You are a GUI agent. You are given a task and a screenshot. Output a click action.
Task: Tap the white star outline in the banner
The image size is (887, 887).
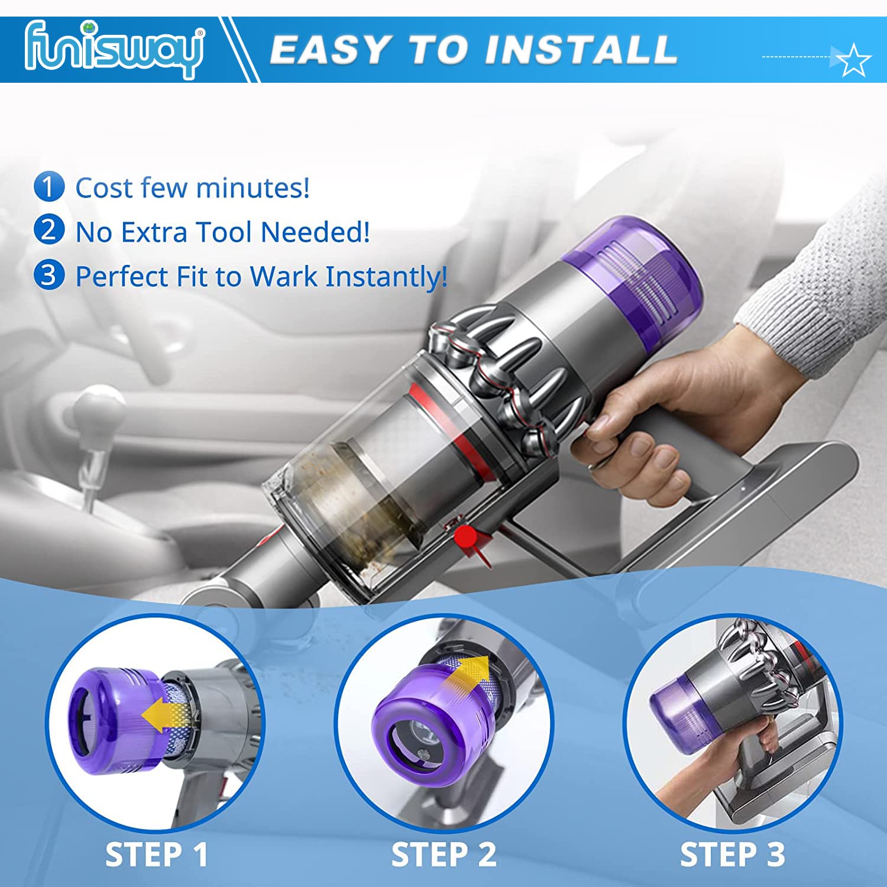pyautogui.click(x=854, y=60)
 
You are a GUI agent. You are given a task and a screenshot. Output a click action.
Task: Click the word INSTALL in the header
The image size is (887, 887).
pyautogui.click(x=580, y=50)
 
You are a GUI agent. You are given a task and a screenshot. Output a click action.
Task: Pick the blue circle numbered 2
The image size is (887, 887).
pyautogui.click(x=48, y=231)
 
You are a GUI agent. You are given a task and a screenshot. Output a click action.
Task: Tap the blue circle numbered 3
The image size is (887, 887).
pyautogui.click(x=48, y=275)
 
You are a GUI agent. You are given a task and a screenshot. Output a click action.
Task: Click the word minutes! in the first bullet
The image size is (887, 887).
pyautogui.click(x=252, y=188)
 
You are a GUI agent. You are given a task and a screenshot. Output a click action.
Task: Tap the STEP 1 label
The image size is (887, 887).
pyautogui.click(x=157, y=855)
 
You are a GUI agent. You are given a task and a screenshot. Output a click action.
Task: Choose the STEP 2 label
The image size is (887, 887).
pyautogui.click(x=444, y=855)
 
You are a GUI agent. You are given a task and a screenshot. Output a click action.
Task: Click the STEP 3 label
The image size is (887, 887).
pyautogui.click(x=733, y=855)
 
